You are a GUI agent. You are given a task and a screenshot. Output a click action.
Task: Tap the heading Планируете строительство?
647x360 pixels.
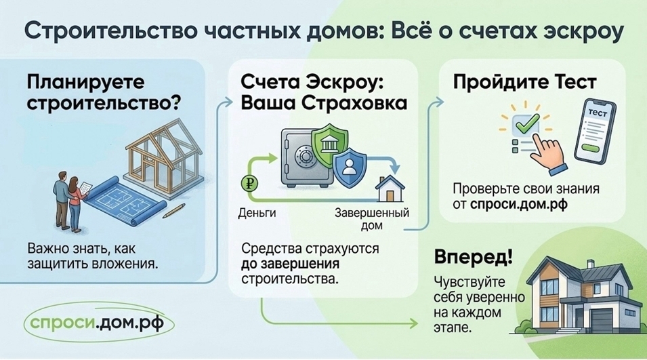tap(104, 92)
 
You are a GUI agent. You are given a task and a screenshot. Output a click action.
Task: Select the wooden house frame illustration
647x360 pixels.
tap(164, 156)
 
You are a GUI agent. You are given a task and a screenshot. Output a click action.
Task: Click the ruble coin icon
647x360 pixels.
tap(249, 183)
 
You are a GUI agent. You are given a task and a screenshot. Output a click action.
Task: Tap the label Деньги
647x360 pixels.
tap(257, 213)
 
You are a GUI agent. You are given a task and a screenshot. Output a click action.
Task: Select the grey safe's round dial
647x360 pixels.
tap(306, 156)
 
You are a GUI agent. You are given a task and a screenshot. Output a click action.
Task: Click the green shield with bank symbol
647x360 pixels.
tap(329, 144)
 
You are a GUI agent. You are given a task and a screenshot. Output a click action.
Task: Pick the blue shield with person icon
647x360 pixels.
tap(350, 167)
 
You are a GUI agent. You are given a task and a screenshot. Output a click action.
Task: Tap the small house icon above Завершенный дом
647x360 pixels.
tap(390, 188)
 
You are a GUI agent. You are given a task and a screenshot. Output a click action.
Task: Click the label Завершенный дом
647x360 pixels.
tap(372, 219)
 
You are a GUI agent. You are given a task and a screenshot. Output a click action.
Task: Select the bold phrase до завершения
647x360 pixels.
tap(290, 264)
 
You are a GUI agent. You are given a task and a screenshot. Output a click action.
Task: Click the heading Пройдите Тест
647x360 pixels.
tap(524, 83)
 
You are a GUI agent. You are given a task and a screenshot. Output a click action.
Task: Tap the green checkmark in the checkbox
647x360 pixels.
tap(526, 122)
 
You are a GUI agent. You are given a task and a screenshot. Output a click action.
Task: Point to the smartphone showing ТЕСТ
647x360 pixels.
tap(594, 132)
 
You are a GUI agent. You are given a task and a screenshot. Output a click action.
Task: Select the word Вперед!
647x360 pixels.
tap(474, 258)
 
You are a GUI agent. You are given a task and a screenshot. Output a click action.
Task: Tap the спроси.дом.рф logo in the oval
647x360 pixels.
tap(99, 322)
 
